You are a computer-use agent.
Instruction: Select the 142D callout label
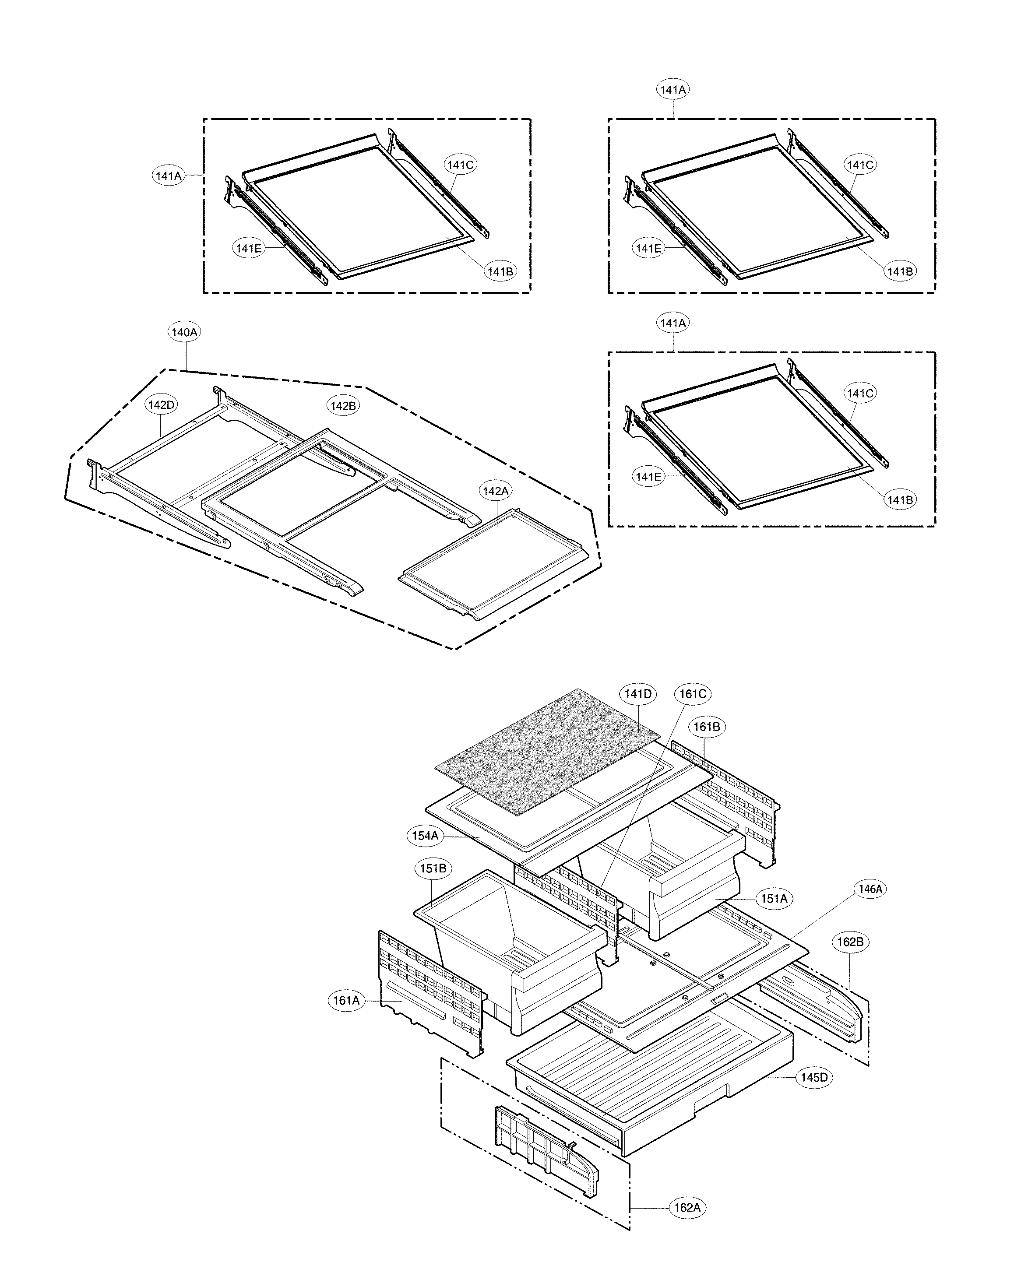coord(162,405)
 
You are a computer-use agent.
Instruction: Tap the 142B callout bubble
coord(343,405)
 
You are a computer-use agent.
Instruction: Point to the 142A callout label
coord(496,491)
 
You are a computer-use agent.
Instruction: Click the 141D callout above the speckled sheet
coord(638,694)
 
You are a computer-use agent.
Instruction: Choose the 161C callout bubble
coord(693,694)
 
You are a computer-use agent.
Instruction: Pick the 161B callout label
coord(707,727)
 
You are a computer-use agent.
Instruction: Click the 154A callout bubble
coord(425,835)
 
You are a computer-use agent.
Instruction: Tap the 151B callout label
coord(433,868)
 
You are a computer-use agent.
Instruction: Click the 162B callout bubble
coord(850,942)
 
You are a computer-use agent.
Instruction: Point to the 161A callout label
coord(346,1001)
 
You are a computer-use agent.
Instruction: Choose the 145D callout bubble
coord(814,1078)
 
